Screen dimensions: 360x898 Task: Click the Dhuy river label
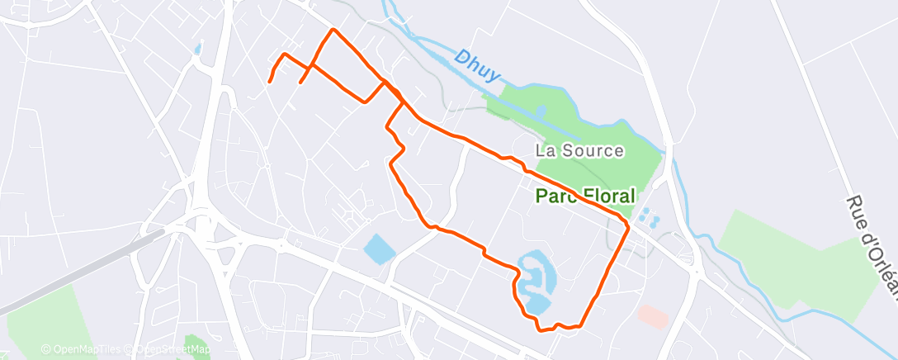click(477, 66)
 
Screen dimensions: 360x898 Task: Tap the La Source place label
click(579, 151)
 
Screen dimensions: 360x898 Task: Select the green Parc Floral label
click(586, 197)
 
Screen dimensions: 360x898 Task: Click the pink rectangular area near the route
click(654, 315)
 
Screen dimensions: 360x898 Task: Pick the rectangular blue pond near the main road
click(379, 248)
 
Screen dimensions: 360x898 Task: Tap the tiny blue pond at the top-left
click(197, 49)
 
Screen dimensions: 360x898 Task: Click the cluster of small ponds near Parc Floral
click(649, 217)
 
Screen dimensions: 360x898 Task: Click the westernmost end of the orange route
click(269, 82)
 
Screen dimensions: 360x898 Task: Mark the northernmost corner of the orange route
click(333, 30)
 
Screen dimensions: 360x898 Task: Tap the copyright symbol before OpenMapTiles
click(45, 349)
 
